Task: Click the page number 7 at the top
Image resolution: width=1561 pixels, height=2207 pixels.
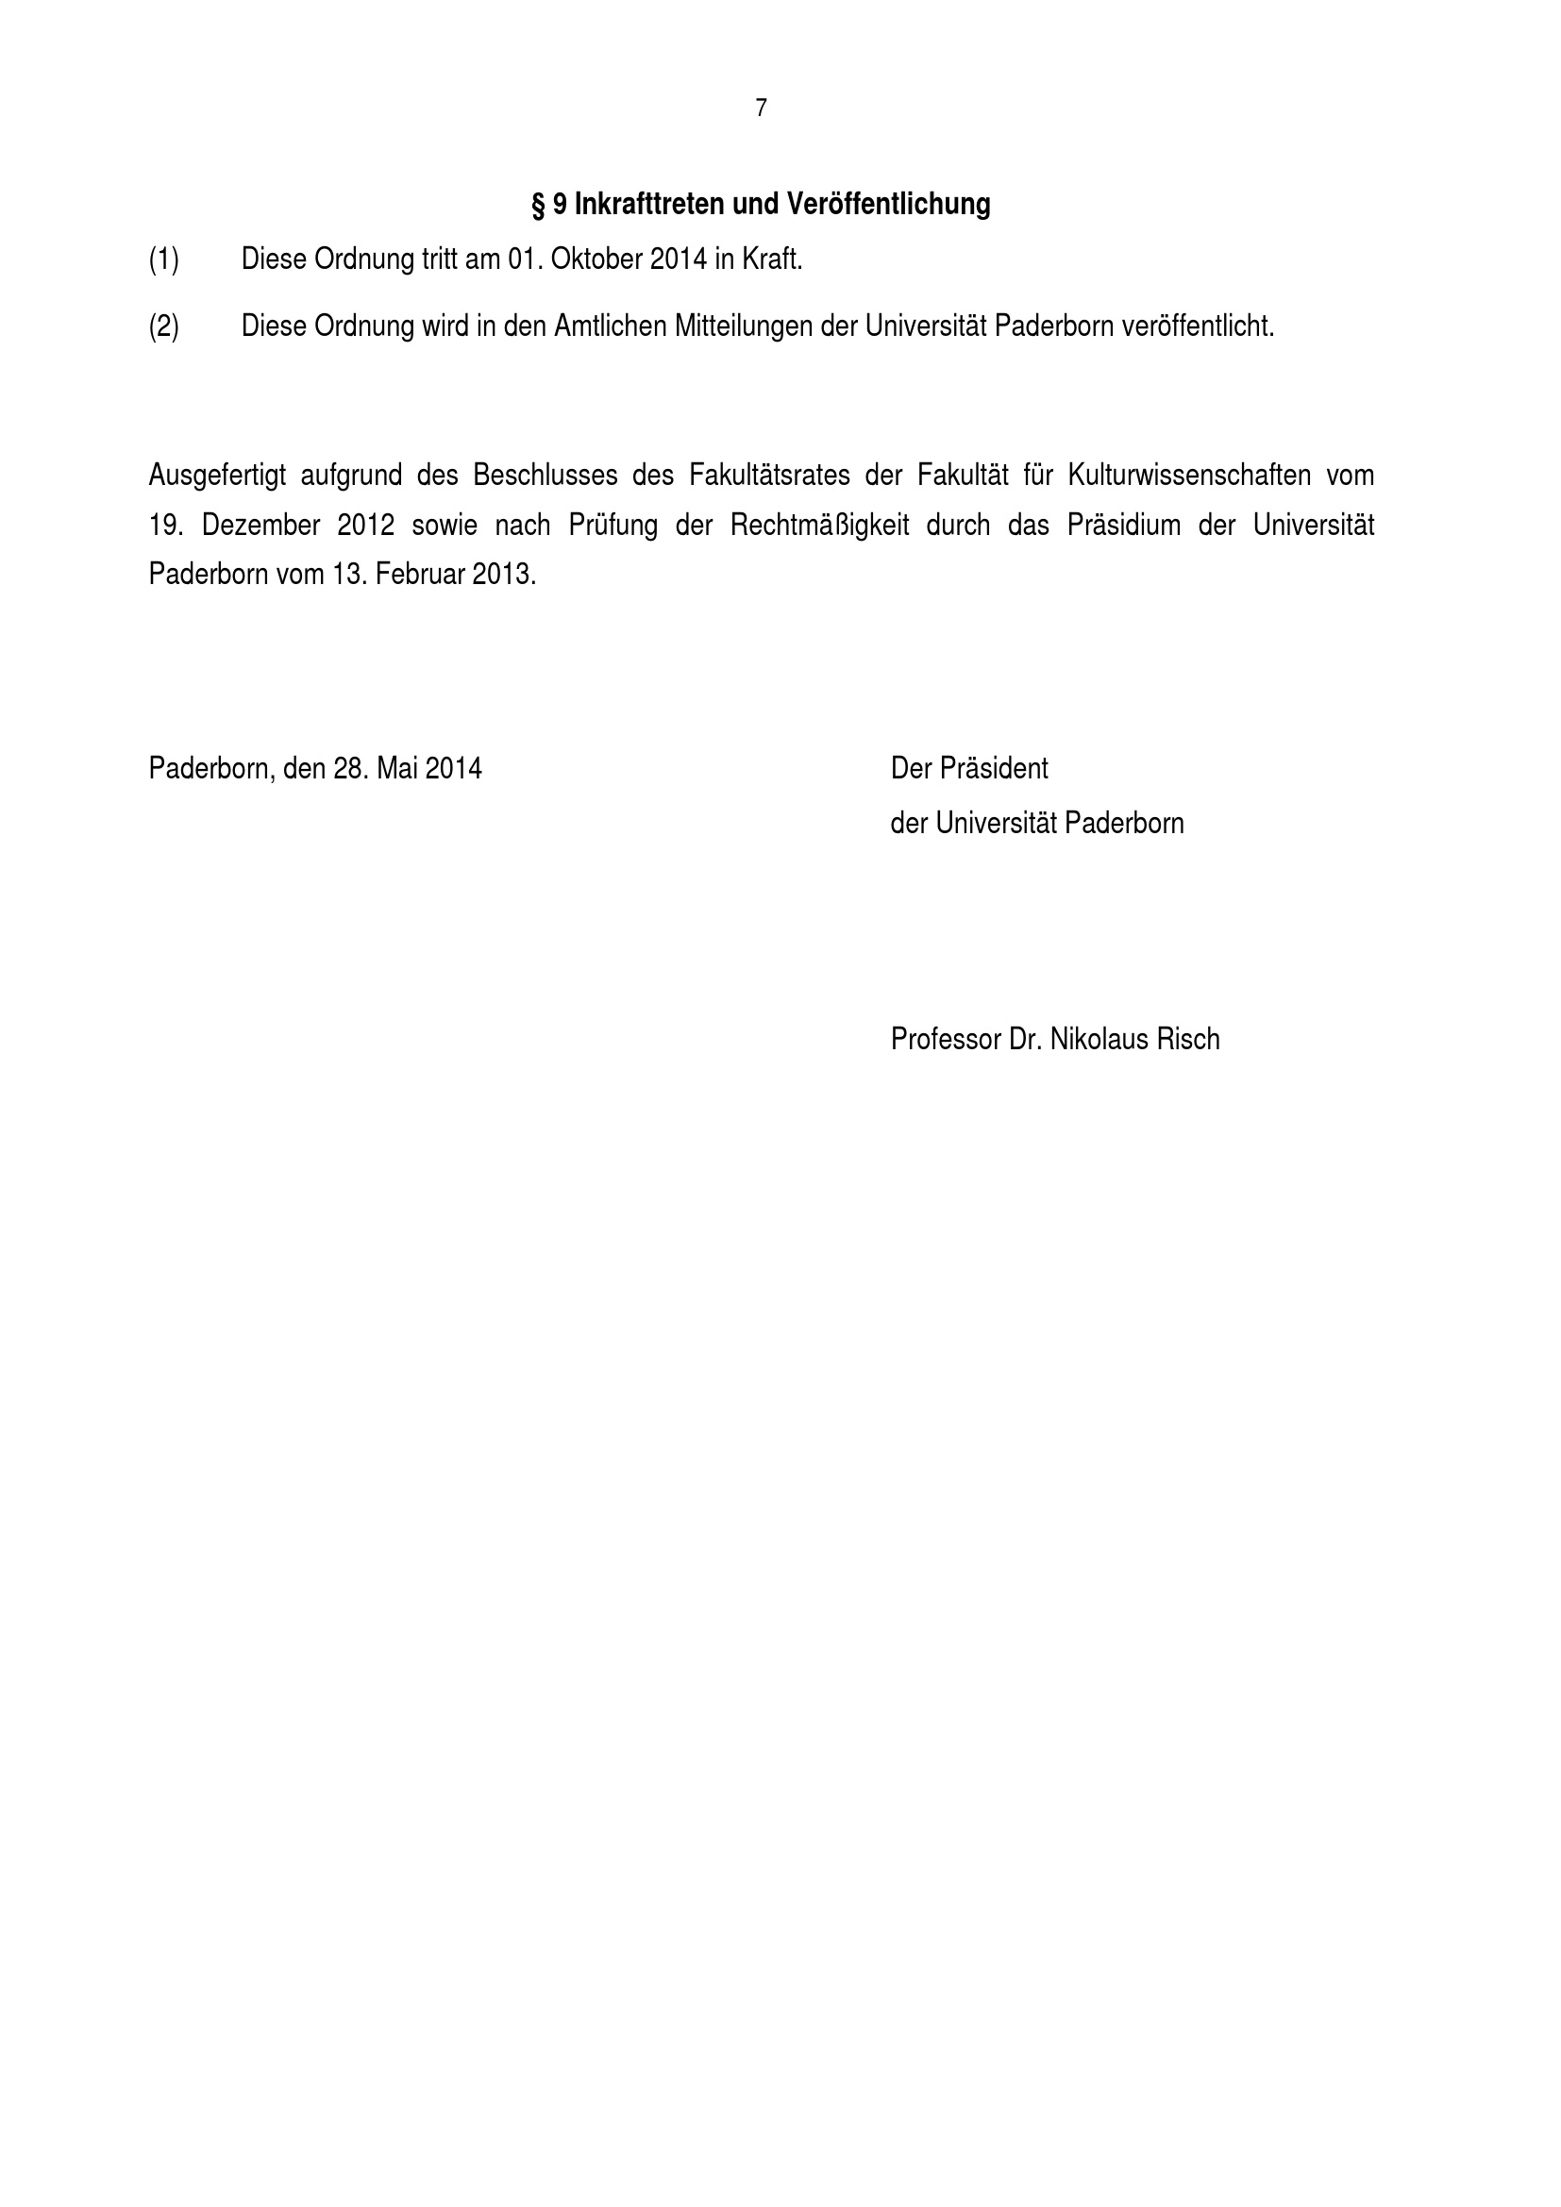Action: point(762,109)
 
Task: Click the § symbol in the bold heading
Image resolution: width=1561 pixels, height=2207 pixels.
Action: point(538,205)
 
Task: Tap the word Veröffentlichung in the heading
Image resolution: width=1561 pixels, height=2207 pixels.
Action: point(888,204)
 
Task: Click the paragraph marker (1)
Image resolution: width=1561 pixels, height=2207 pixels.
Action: point(163,259)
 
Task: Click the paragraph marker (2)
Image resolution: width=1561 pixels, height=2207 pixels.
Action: point(163,326)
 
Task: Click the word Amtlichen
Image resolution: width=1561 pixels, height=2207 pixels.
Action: point(611,326)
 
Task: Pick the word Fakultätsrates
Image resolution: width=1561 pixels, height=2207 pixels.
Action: point(770,476)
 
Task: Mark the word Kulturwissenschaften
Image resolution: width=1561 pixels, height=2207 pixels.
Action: point(1190,476)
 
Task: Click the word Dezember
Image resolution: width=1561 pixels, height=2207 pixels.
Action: point(260,526)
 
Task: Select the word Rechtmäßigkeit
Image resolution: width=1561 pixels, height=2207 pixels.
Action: point(820,526)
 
